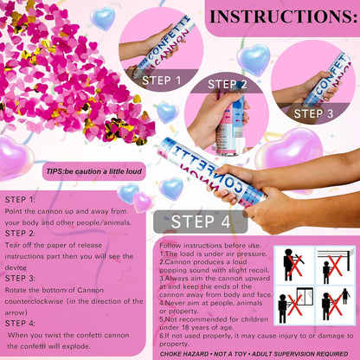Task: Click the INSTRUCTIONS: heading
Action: [x=284, y=16]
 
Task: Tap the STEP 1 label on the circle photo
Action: [x=162, y=80]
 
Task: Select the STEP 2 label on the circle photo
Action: [x=228, y=84]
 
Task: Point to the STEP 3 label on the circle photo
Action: [x=313, y=113]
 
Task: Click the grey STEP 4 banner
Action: [x=201, y=222]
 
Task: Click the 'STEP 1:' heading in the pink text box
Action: [x=20, y=200]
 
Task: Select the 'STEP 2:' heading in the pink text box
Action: [x=20, y=234]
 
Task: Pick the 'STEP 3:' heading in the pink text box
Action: [x=20, y=279]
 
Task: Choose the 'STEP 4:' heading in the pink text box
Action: [x=20, y=324]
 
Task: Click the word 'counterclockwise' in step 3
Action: [x=34, y=301]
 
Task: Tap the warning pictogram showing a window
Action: [x=294, y=305]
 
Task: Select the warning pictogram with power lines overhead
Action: [x=335, y=266]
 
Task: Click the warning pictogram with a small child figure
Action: [x=335, y=305]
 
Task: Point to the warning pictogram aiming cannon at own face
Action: [x=294, y=266]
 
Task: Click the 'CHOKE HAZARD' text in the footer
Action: [x=183, y=354]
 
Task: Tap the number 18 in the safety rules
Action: [x=185, y=328]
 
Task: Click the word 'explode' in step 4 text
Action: [x=76, y=346]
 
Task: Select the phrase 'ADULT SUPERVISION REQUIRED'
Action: [x=300, y=354]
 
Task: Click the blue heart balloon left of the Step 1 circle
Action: [x=103, y=18]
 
